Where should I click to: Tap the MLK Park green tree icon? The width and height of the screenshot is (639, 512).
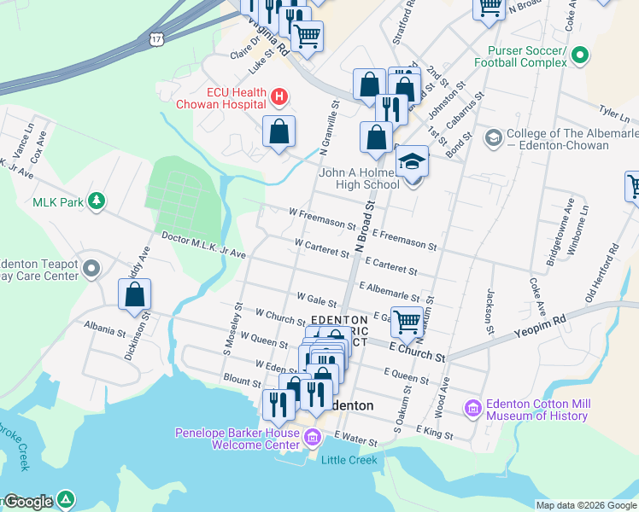[98, 201]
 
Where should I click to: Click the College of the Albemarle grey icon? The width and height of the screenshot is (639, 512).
[493, 137]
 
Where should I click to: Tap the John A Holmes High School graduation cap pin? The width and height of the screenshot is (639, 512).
[412, 162]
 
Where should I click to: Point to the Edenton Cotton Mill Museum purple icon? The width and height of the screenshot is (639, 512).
[472, 409]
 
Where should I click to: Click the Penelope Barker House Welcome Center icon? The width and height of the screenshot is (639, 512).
[313, 439]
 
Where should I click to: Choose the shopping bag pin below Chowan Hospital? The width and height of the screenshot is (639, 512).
[278, 131]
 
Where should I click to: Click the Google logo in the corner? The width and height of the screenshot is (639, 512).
[28, 502]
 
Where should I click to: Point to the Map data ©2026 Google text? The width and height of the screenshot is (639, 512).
[585, 505]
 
